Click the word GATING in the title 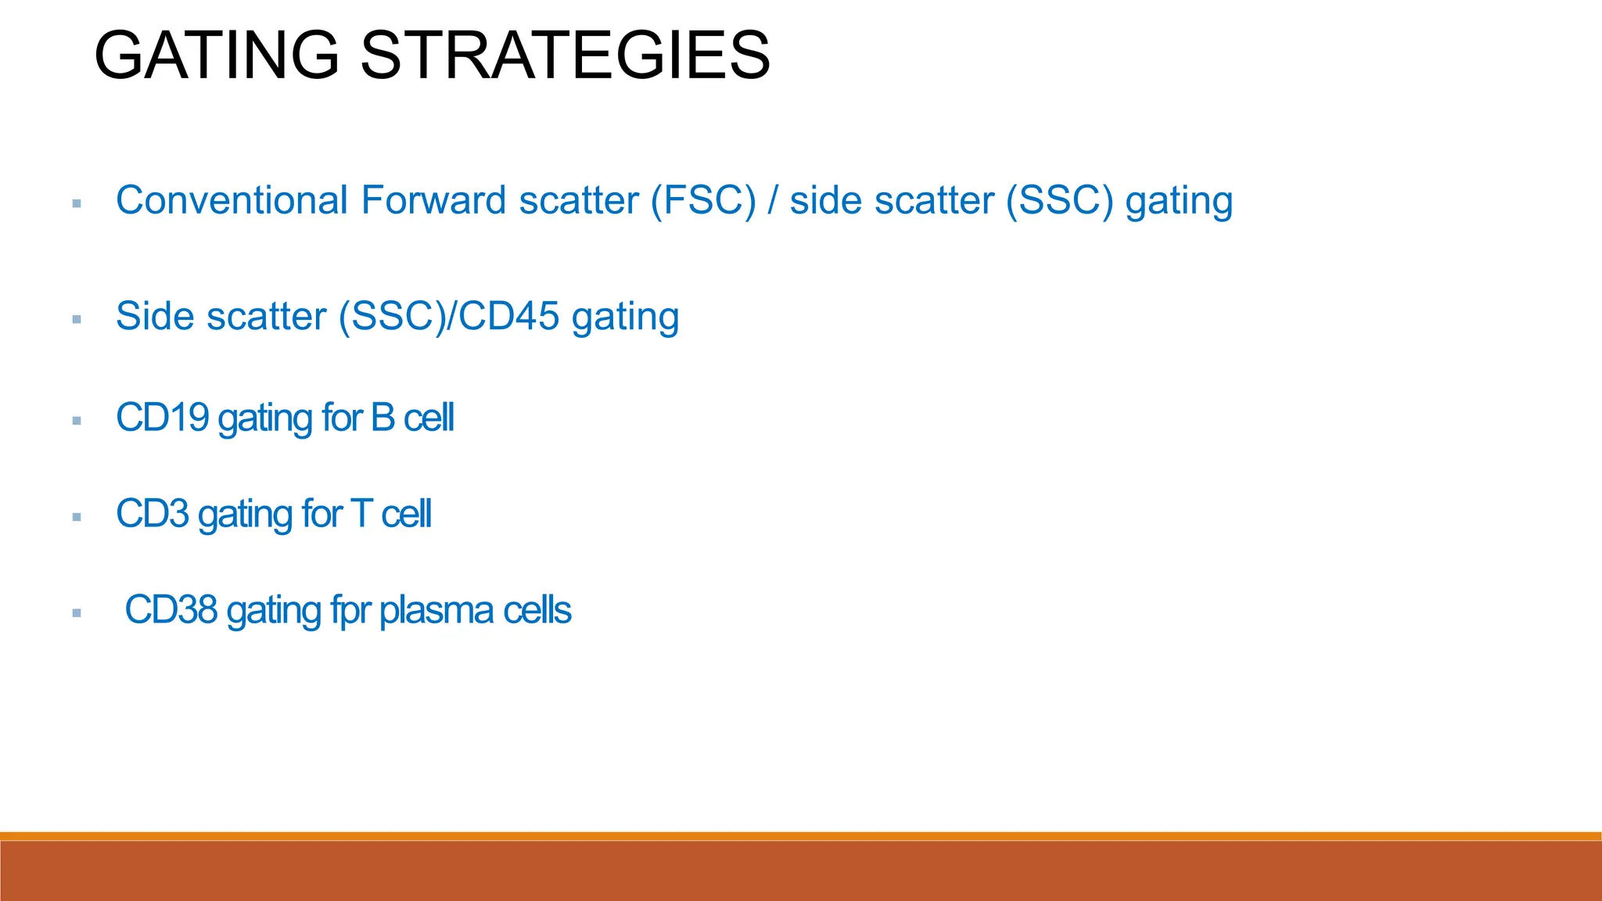coord(216,55)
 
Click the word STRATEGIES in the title coord(565,55)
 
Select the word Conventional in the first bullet coord(232,200)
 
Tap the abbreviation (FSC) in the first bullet coord(703,200)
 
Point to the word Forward coord(433,200)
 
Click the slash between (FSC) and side coord(773,200)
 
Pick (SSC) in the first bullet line coord(1059,200)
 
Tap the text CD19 coord(162,418)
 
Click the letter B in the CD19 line coord(383,418)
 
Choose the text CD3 coord(153,515)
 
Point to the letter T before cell coord(361,515)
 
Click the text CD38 coord(171,610)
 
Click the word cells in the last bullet coord(537,610)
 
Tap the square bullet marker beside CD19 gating coord(77,421)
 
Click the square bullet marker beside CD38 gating coord(77,613)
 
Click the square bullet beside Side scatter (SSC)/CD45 coord(77,319)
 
